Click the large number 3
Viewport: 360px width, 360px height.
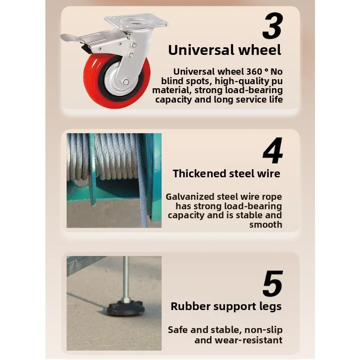(272, 26)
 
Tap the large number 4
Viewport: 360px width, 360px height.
(273, 150)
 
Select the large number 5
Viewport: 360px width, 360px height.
(273, 284)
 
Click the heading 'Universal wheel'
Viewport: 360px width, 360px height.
(225, 50)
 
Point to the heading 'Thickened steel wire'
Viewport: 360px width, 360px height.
(226, 173)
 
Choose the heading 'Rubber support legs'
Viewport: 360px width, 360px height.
(226, 306)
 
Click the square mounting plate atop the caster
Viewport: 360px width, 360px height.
(136, 23)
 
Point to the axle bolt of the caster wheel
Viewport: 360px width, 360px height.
(126, 82)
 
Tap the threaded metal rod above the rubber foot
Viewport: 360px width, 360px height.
(126, 277)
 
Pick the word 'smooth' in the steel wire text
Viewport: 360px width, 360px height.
(265, 225)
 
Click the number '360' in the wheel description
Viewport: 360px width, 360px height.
(254, 72)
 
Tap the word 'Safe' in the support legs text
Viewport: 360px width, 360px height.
(178, 330)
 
